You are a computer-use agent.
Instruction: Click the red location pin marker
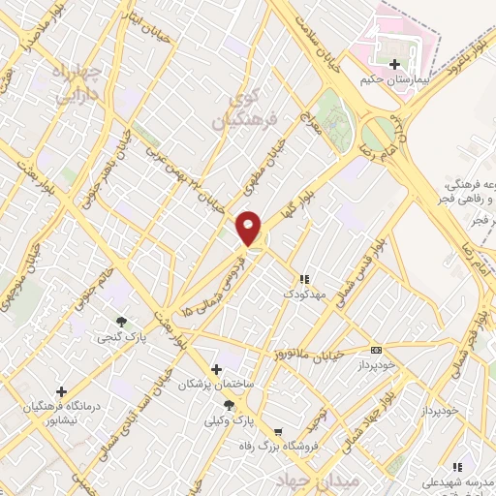249,229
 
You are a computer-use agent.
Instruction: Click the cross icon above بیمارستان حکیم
393,65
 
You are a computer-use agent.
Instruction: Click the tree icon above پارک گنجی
121,322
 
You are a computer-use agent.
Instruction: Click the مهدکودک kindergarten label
304,292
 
